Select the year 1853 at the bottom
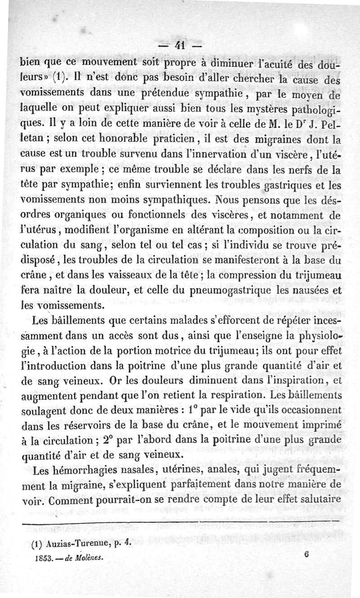pyautogui.click(x=42, y=557)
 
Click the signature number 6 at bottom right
pyautogui.click(x=306, y=554)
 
